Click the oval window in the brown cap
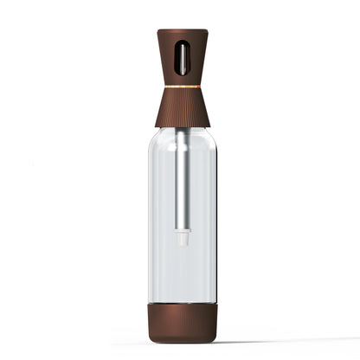(182, 58)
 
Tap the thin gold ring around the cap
(182, 87)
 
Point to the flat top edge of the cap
(182, 30)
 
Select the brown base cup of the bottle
(182, 323)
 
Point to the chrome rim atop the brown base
(182, 305)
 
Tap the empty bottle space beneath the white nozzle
(182, 273)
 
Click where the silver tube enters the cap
(182, 130)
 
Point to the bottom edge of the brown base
(182, 341)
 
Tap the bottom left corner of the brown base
(151, 338)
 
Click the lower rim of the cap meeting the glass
(182, 126)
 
